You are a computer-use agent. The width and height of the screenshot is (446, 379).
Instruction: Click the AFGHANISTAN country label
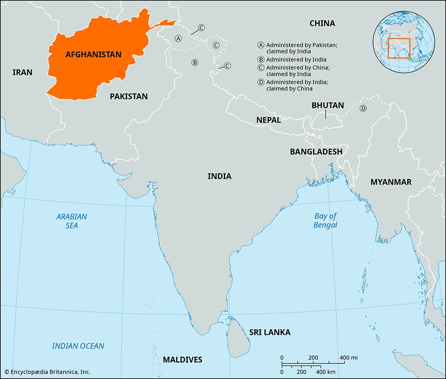(93, 54)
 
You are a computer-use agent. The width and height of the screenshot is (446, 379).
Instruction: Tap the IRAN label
(22, 72)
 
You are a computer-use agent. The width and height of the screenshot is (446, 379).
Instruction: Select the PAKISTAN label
(128, 96)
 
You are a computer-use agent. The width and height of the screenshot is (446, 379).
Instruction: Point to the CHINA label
(322, 23)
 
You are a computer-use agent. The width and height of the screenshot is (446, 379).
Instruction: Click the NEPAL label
(268, 120)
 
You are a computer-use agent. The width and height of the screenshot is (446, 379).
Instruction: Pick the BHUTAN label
(327, 106)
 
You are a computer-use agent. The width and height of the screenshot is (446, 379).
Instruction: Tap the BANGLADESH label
(316, 152)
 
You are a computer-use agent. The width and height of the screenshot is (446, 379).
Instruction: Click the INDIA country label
(219, 176)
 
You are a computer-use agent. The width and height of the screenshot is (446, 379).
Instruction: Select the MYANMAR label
(391, 182)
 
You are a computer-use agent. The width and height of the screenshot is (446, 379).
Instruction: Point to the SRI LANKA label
(270, 332)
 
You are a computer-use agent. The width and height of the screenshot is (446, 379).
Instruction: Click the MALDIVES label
(182, 360)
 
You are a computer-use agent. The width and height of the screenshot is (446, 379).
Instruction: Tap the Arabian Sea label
(71, 221)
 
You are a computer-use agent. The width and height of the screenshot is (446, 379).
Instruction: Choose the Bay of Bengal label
(325, 220)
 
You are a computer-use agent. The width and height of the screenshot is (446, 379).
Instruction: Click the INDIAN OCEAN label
(78, 346)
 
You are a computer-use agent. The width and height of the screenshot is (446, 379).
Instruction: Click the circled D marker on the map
(363, 108)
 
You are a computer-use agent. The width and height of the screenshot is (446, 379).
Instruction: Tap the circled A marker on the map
(178, 39)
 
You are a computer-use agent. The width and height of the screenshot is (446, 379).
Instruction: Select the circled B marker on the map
(194, 62)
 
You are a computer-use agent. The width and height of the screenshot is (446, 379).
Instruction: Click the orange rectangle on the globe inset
(399, 48)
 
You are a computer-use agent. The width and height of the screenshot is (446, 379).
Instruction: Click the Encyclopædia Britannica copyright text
(47, 371)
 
